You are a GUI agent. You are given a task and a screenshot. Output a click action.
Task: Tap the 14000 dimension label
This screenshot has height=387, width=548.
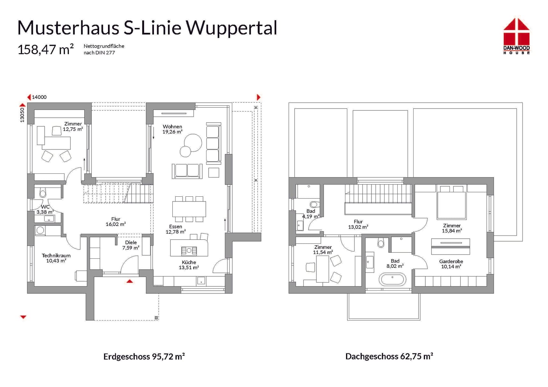39,97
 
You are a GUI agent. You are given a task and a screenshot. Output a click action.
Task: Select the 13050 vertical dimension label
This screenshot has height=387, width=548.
22,115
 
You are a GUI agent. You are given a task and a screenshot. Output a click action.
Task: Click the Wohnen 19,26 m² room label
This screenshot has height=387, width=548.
172,129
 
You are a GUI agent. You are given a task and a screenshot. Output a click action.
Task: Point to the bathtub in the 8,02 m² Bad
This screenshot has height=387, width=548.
393,279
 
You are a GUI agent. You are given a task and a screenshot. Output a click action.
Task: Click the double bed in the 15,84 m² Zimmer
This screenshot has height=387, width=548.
451,204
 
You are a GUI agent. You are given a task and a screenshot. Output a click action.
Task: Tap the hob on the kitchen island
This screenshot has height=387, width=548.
189,251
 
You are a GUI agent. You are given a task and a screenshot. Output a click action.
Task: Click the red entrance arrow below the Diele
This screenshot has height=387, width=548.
130,281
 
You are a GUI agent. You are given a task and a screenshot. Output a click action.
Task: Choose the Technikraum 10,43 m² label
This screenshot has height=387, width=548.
56,258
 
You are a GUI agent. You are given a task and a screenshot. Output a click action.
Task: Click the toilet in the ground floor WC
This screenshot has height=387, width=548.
43,193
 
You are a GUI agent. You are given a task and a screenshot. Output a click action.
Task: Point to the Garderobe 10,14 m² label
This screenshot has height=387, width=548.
451,264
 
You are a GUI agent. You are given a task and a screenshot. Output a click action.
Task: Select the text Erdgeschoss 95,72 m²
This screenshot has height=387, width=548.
144,356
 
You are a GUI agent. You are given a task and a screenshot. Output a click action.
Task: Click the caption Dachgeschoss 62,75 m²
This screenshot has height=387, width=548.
389,356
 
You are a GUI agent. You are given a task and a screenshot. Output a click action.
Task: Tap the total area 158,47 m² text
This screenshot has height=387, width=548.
46,50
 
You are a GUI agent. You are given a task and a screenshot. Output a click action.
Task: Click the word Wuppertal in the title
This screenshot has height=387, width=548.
231,28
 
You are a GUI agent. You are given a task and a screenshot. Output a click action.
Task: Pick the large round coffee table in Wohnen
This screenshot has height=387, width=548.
193,142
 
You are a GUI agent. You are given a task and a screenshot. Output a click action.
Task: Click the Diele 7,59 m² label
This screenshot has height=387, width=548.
131,245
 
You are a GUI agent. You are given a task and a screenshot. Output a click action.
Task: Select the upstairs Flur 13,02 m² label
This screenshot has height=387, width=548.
358,224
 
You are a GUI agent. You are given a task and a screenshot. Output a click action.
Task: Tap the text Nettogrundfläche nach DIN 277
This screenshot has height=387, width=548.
104,49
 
